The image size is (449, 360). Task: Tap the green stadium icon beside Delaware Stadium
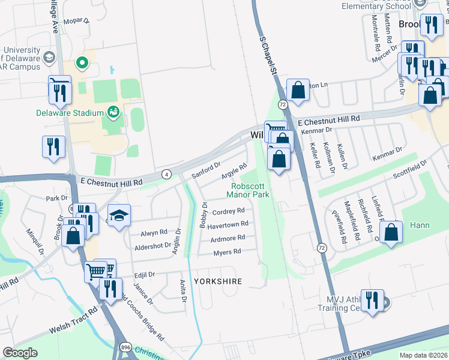(112, 111)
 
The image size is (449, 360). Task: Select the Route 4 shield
(166, 175)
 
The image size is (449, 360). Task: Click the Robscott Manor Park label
(250, 190)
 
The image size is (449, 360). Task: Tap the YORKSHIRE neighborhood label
(218, 281)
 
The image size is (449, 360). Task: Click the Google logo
(20, 353)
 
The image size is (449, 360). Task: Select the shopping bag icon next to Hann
(391, 233)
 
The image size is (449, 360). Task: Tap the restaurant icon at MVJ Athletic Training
(372, 300)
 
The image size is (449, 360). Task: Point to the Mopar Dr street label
(76, 20)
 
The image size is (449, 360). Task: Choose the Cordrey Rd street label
(228, 211)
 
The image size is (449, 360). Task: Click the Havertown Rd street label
(228, 224)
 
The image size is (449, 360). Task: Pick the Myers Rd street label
(227, 252)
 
